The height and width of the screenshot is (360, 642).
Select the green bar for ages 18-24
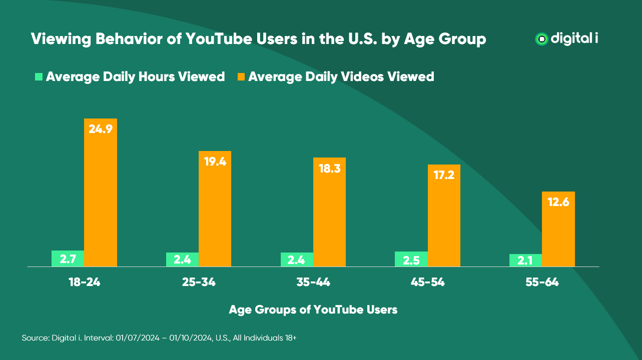[68, 258]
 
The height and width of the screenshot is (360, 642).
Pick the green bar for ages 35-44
[297, 259]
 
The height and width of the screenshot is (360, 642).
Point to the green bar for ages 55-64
[525, 260]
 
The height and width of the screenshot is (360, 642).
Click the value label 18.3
[329, 168]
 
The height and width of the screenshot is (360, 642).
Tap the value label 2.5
[411, 259]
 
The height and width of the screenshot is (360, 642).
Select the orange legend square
[241, 77]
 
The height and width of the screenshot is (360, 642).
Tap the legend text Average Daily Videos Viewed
[341, 77]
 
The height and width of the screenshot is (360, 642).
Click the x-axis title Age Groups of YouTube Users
[313, 309]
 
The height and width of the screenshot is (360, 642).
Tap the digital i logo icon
[541, 39]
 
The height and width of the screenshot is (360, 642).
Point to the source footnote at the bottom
[159, 338]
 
